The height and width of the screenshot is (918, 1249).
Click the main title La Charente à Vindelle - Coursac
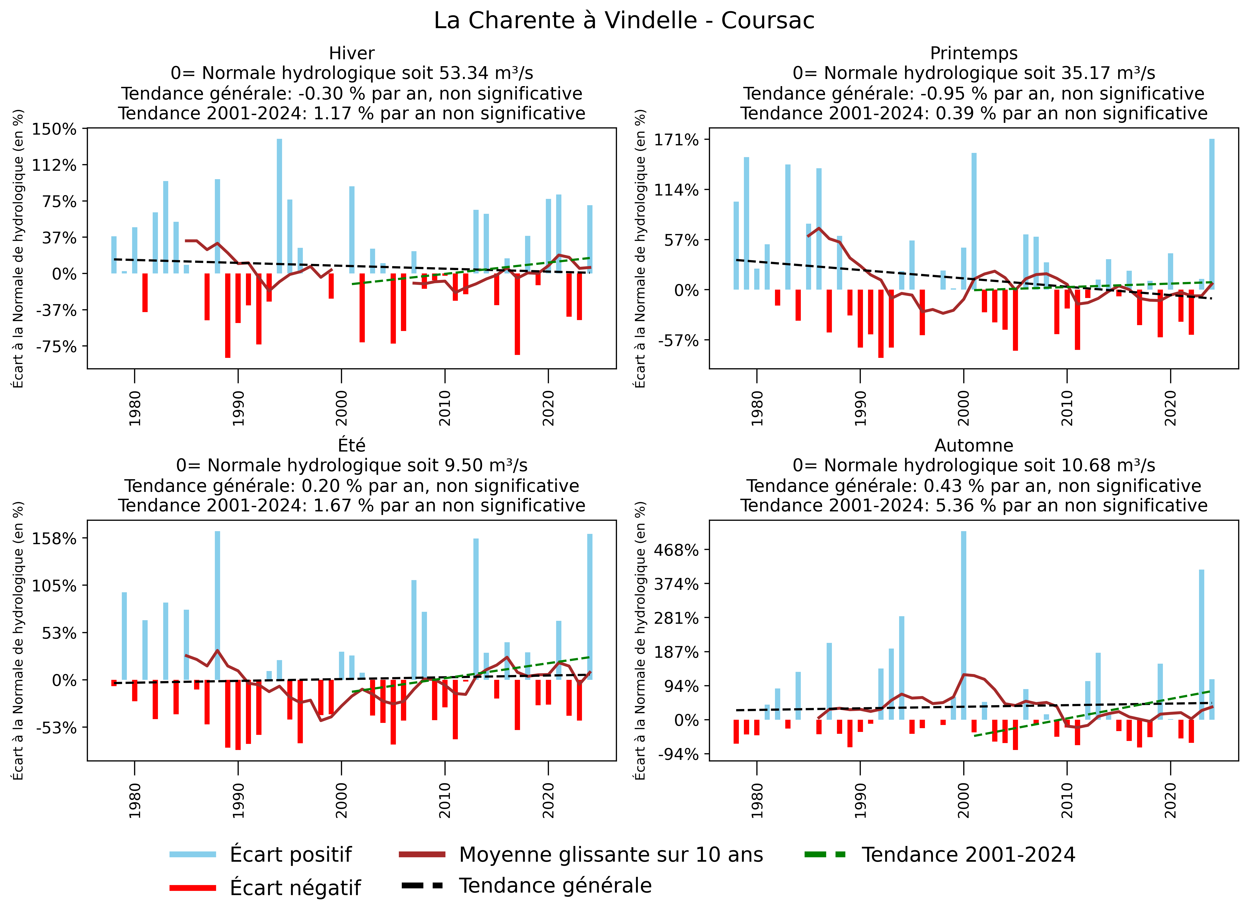(x=624, y=21)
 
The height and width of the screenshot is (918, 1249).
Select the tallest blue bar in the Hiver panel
(x=280, y=206)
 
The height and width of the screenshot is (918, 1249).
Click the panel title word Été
(x=352, y=445)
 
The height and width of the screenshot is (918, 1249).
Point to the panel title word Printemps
(x=973, y=53)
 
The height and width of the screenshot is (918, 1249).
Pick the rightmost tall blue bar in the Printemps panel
(x=1212, y=214)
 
